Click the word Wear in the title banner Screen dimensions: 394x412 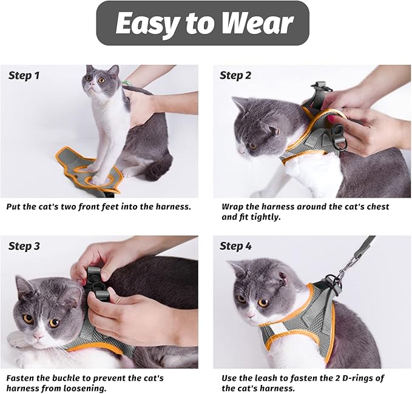click(x=257, y=24)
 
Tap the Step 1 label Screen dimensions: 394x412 click(x=24, y=76)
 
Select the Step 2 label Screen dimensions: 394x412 click(x=235, y=76)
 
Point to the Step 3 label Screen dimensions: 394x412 click(x=24, y=246)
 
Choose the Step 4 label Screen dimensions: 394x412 click(x=235, y=246)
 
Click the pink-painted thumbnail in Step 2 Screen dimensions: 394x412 click(x=332, y=120)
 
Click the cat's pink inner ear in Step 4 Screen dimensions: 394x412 click(x=282, y=279)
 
